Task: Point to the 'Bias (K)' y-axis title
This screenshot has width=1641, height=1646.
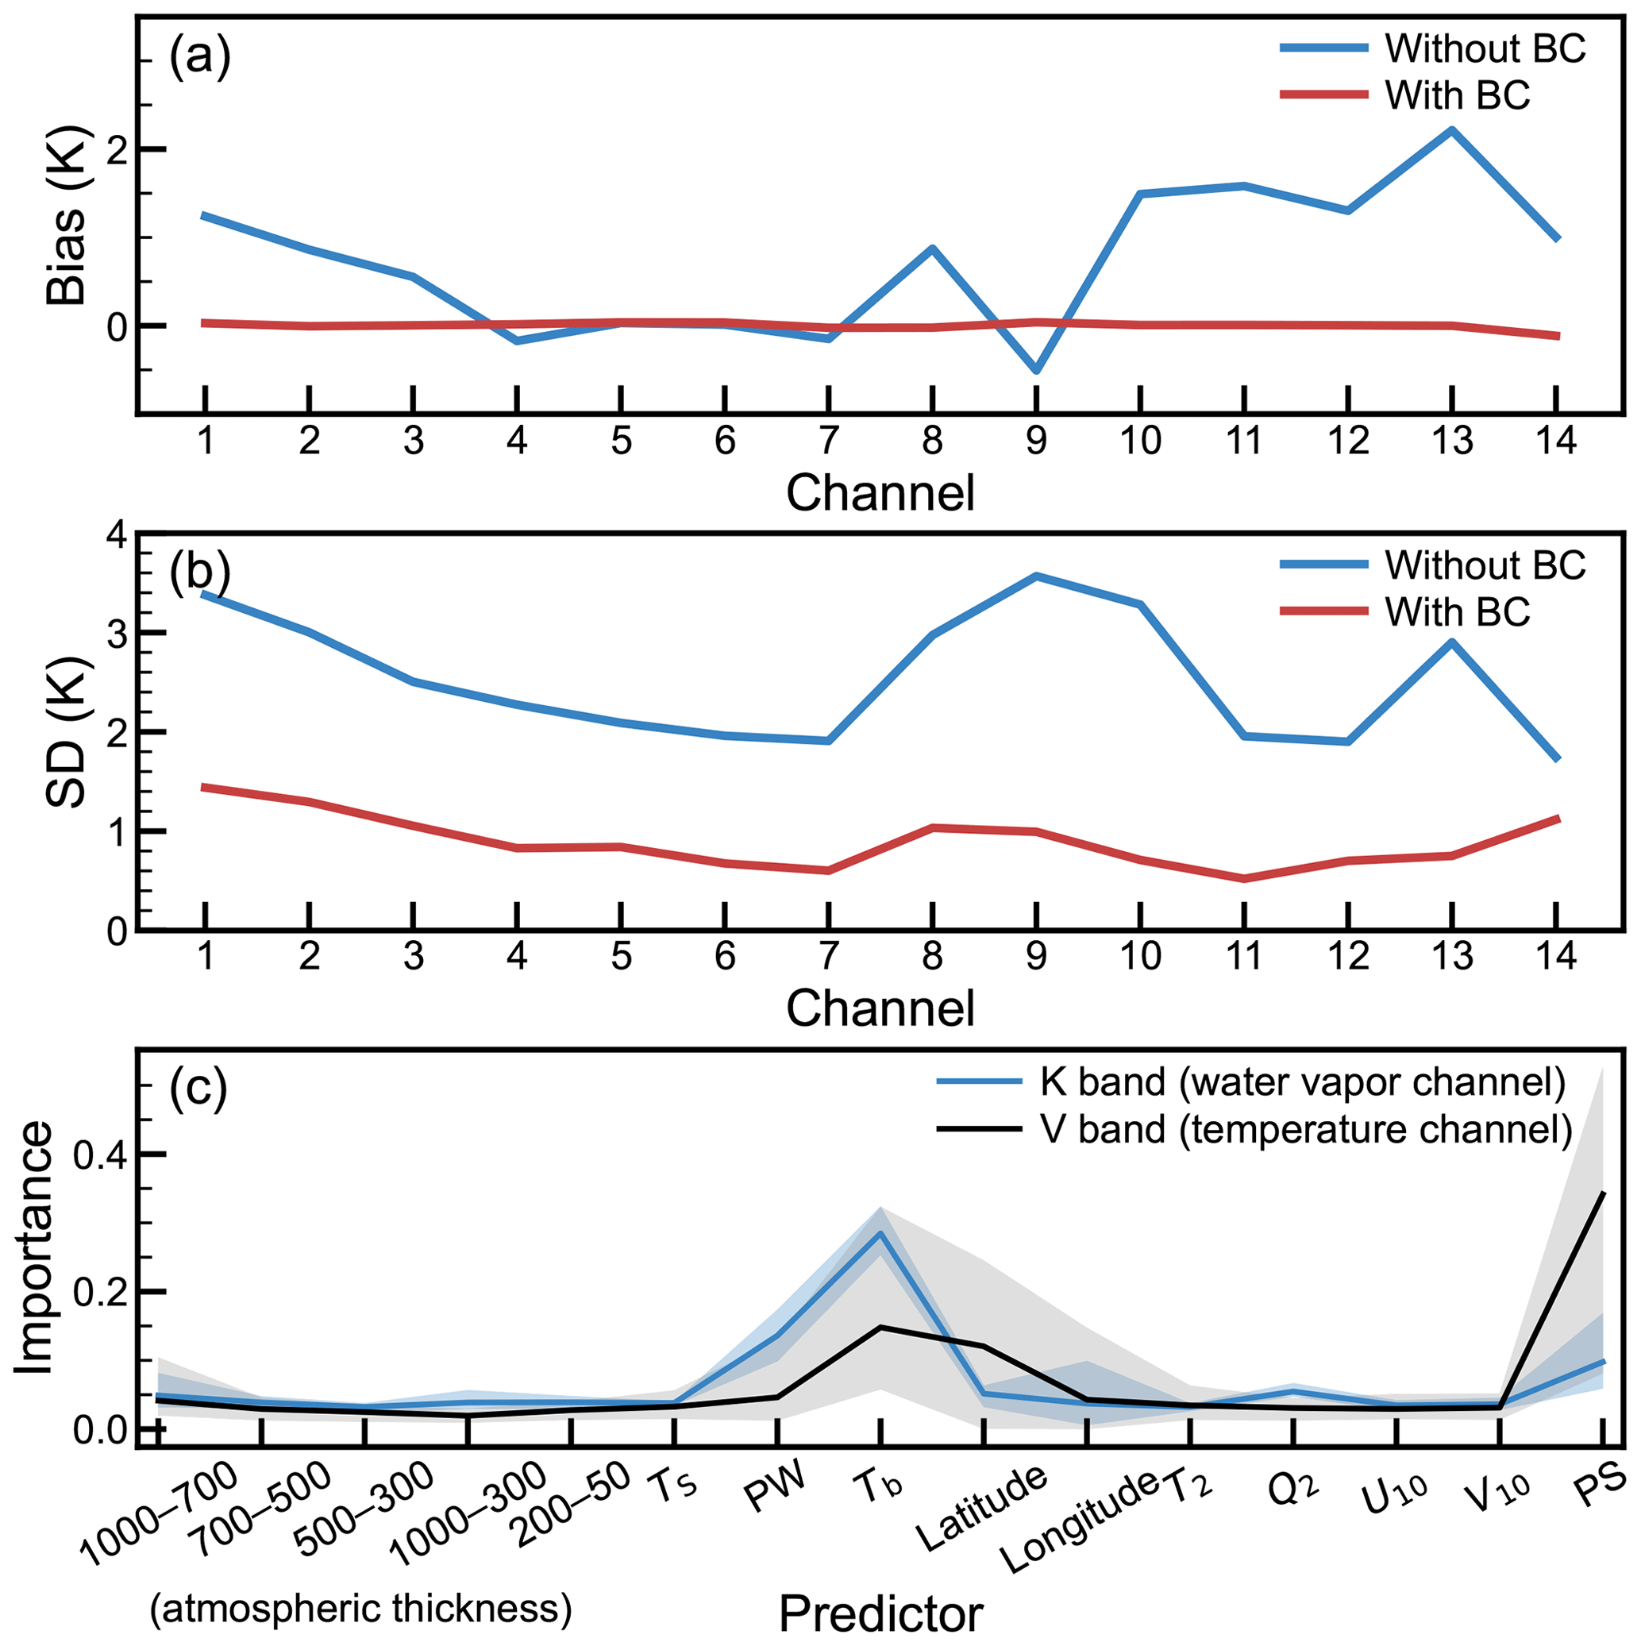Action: [x=67, y=217]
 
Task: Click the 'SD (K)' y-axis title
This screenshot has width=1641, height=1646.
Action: [x=67, y=732]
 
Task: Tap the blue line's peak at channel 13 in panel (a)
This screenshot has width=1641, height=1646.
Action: [x=1451, y=129]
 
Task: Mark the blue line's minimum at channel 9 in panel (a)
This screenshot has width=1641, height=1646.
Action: [x=1036, y=372]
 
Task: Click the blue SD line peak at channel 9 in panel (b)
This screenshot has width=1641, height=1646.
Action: [x=1036, y=576]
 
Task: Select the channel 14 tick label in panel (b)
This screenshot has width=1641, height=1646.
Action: [x=1556, y=957]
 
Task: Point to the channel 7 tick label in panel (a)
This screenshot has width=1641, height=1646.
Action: [x=828, y=441]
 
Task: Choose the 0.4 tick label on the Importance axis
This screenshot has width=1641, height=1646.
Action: [x=98, y=1155]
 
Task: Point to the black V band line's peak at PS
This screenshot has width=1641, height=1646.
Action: [x=1604, y=1193]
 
